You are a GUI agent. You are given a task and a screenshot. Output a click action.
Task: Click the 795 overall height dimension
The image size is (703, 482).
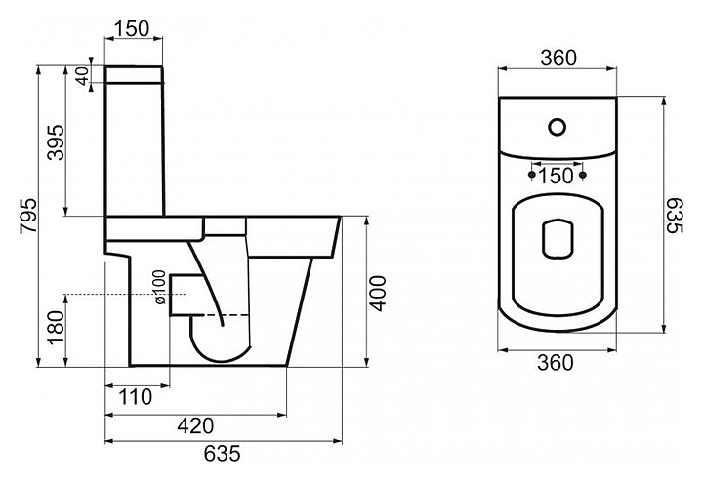tap(28, 216)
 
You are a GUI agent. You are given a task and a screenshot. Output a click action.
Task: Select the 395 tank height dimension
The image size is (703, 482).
tap(57, 142)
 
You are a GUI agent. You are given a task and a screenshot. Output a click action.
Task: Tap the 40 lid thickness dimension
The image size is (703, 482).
tap(82, 76)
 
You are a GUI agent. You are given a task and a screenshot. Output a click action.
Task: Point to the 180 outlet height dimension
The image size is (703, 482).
tap(57, 328)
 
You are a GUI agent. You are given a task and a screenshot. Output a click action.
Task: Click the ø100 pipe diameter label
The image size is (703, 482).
tap(160, 288)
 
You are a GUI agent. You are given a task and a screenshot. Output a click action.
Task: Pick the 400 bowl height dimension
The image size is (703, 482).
tap(379, 294)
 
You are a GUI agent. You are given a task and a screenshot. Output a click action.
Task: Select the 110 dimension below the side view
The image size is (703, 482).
tap(136, 397)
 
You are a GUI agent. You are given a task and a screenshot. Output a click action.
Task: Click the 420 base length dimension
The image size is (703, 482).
tap(195, 425)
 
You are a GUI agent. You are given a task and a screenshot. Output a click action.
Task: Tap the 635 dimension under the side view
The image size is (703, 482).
tap(223, 454)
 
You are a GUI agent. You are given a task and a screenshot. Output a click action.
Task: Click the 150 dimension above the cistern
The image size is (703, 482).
tap(132, 29)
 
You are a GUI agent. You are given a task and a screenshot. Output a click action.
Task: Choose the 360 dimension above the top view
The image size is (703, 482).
tap(558, 58)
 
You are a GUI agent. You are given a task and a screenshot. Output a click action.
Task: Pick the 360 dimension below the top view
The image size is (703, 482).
tap(556, 363)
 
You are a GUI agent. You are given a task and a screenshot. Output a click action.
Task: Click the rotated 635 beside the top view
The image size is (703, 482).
tap(674, 216)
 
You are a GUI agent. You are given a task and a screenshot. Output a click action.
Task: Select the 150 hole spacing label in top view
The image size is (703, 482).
tap(556, 176)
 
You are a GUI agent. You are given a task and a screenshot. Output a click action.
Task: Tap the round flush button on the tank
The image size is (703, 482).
tap(558, 127)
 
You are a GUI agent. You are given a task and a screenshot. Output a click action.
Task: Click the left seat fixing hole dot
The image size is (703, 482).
tap(532, 174)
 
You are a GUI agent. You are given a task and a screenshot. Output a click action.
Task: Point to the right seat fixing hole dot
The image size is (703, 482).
tap(583, 174)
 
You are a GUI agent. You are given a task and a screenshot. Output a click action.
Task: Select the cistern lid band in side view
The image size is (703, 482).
tap(134, 75)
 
